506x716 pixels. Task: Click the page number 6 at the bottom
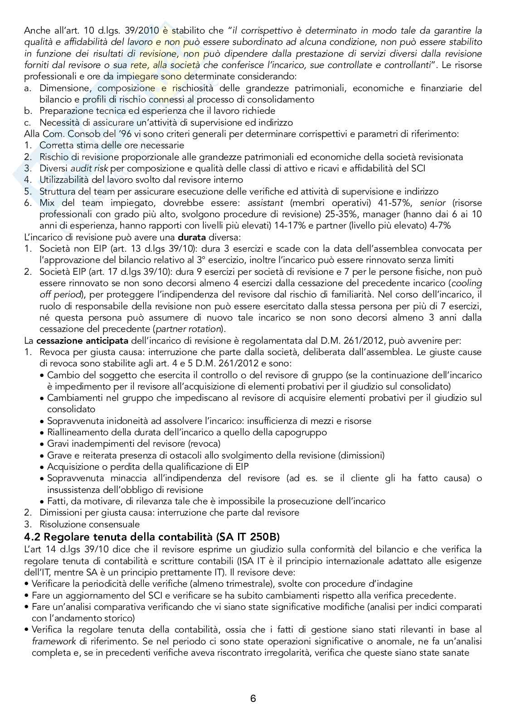253,699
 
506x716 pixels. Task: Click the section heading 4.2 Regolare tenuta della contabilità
152,537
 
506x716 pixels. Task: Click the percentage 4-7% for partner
439,226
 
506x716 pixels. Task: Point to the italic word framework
54,642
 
